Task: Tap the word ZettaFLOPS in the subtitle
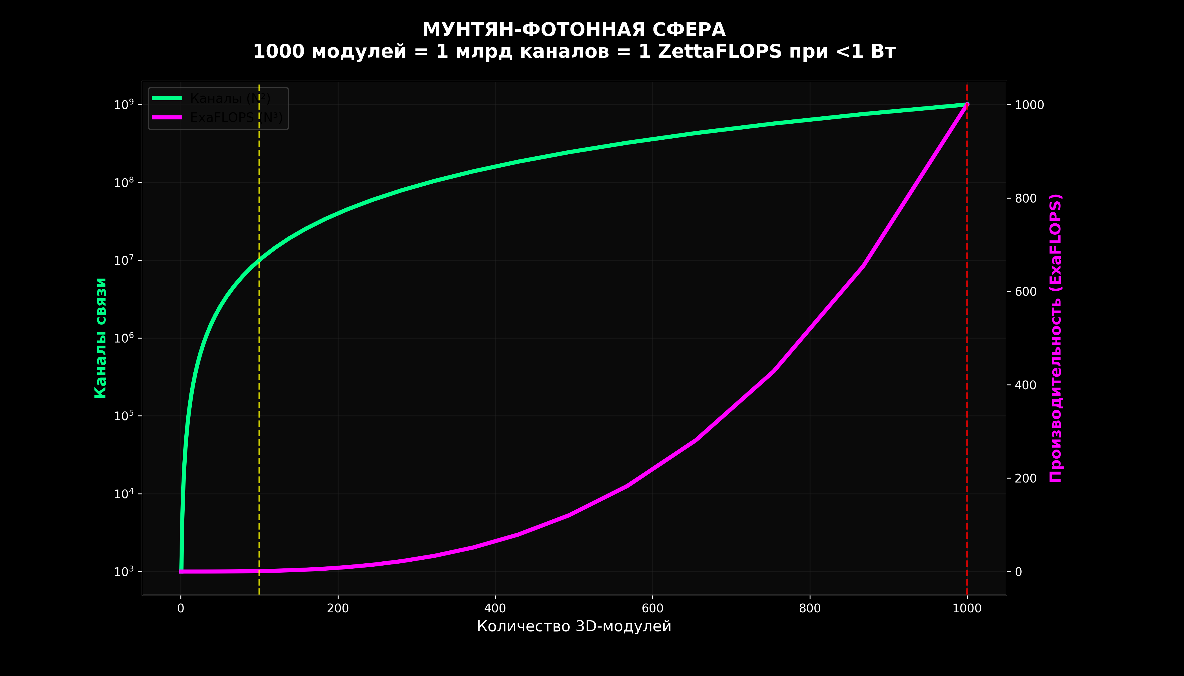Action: (x=720, y=52)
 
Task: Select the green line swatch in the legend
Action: (x=167, y=98)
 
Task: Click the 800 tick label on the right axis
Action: (x=1026, y=198)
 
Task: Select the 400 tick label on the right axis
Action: (x=1026, y=385)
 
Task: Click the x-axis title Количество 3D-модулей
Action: (x=574, y=626)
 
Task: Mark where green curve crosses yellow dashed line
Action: (x=259, y=261)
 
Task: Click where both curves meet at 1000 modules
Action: (x=967, y=104)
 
